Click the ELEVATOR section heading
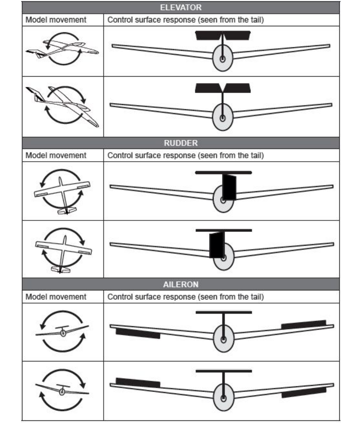pos(180,7)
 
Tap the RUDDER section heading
pos(180,143)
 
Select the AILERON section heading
pos(180,284)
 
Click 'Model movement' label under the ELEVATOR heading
pos(56,20)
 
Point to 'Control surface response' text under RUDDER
pos(185,155)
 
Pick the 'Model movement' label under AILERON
pos(56,296)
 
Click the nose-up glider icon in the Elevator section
pos(62,50)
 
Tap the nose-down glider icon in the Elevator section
pos(62,105)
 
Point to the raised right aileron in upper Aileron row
pos(303,324)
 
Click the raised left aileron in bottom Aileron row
pos(138,382)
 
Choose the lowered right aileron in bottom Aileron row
pos(304,392)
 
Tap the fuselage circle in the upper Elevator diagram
pos(223,59)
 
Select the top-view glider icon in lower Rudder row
pos(62,249)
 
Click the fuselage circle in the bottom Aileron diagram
pos(223,396)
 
